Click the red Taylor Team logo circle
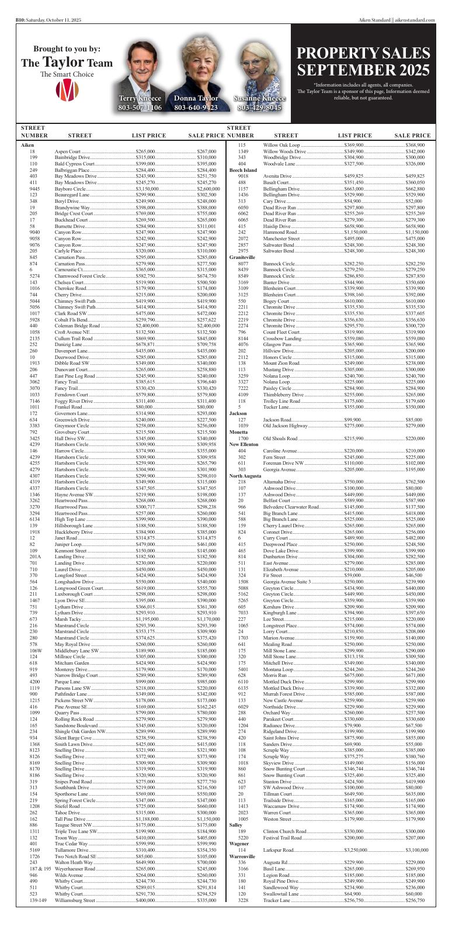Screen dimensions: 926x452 [x=67, y=89]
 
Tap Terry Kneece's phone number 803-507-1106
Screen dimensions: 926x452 [x=140, y=108]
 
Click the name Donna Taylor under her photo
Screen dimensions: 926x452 [x=196, y=98]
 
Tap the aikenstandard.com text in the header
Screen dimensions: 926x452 [x=415, y=20]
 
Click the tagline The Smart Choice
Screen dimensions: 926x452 [x=67, y=74]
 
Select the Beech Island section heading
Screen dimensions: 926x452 [x=239, y=170]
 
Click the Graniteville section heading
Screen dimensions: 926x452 [x=242, y=257]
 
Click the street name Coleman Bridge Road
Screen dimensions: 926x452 [x=77, y=326]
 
